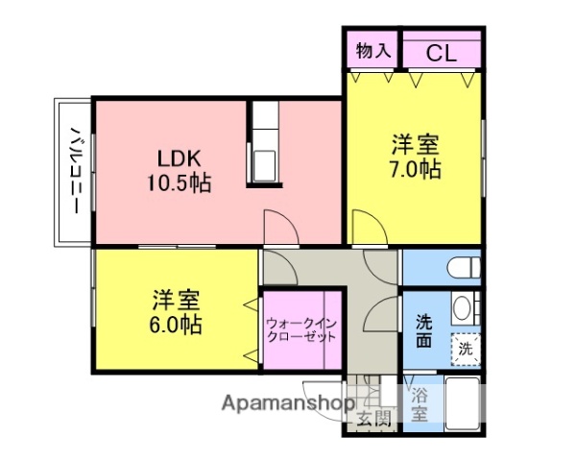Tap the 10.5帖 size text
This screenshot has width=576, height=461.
179,182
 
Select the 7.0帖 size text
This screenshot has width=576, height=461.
416,170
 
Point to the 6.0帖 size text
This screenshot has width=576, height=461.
176,325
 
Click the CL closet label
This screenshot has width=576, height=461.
441,53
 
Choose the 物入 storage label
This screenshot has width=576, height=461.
372,52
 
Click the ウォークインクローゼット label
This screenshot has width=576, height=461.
301,330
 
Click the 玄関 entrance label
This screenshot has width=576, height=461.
374,417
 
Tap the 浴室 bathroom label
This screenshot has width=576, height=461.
420,404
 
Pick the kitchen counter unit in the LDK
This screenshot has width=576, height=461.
265,143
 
